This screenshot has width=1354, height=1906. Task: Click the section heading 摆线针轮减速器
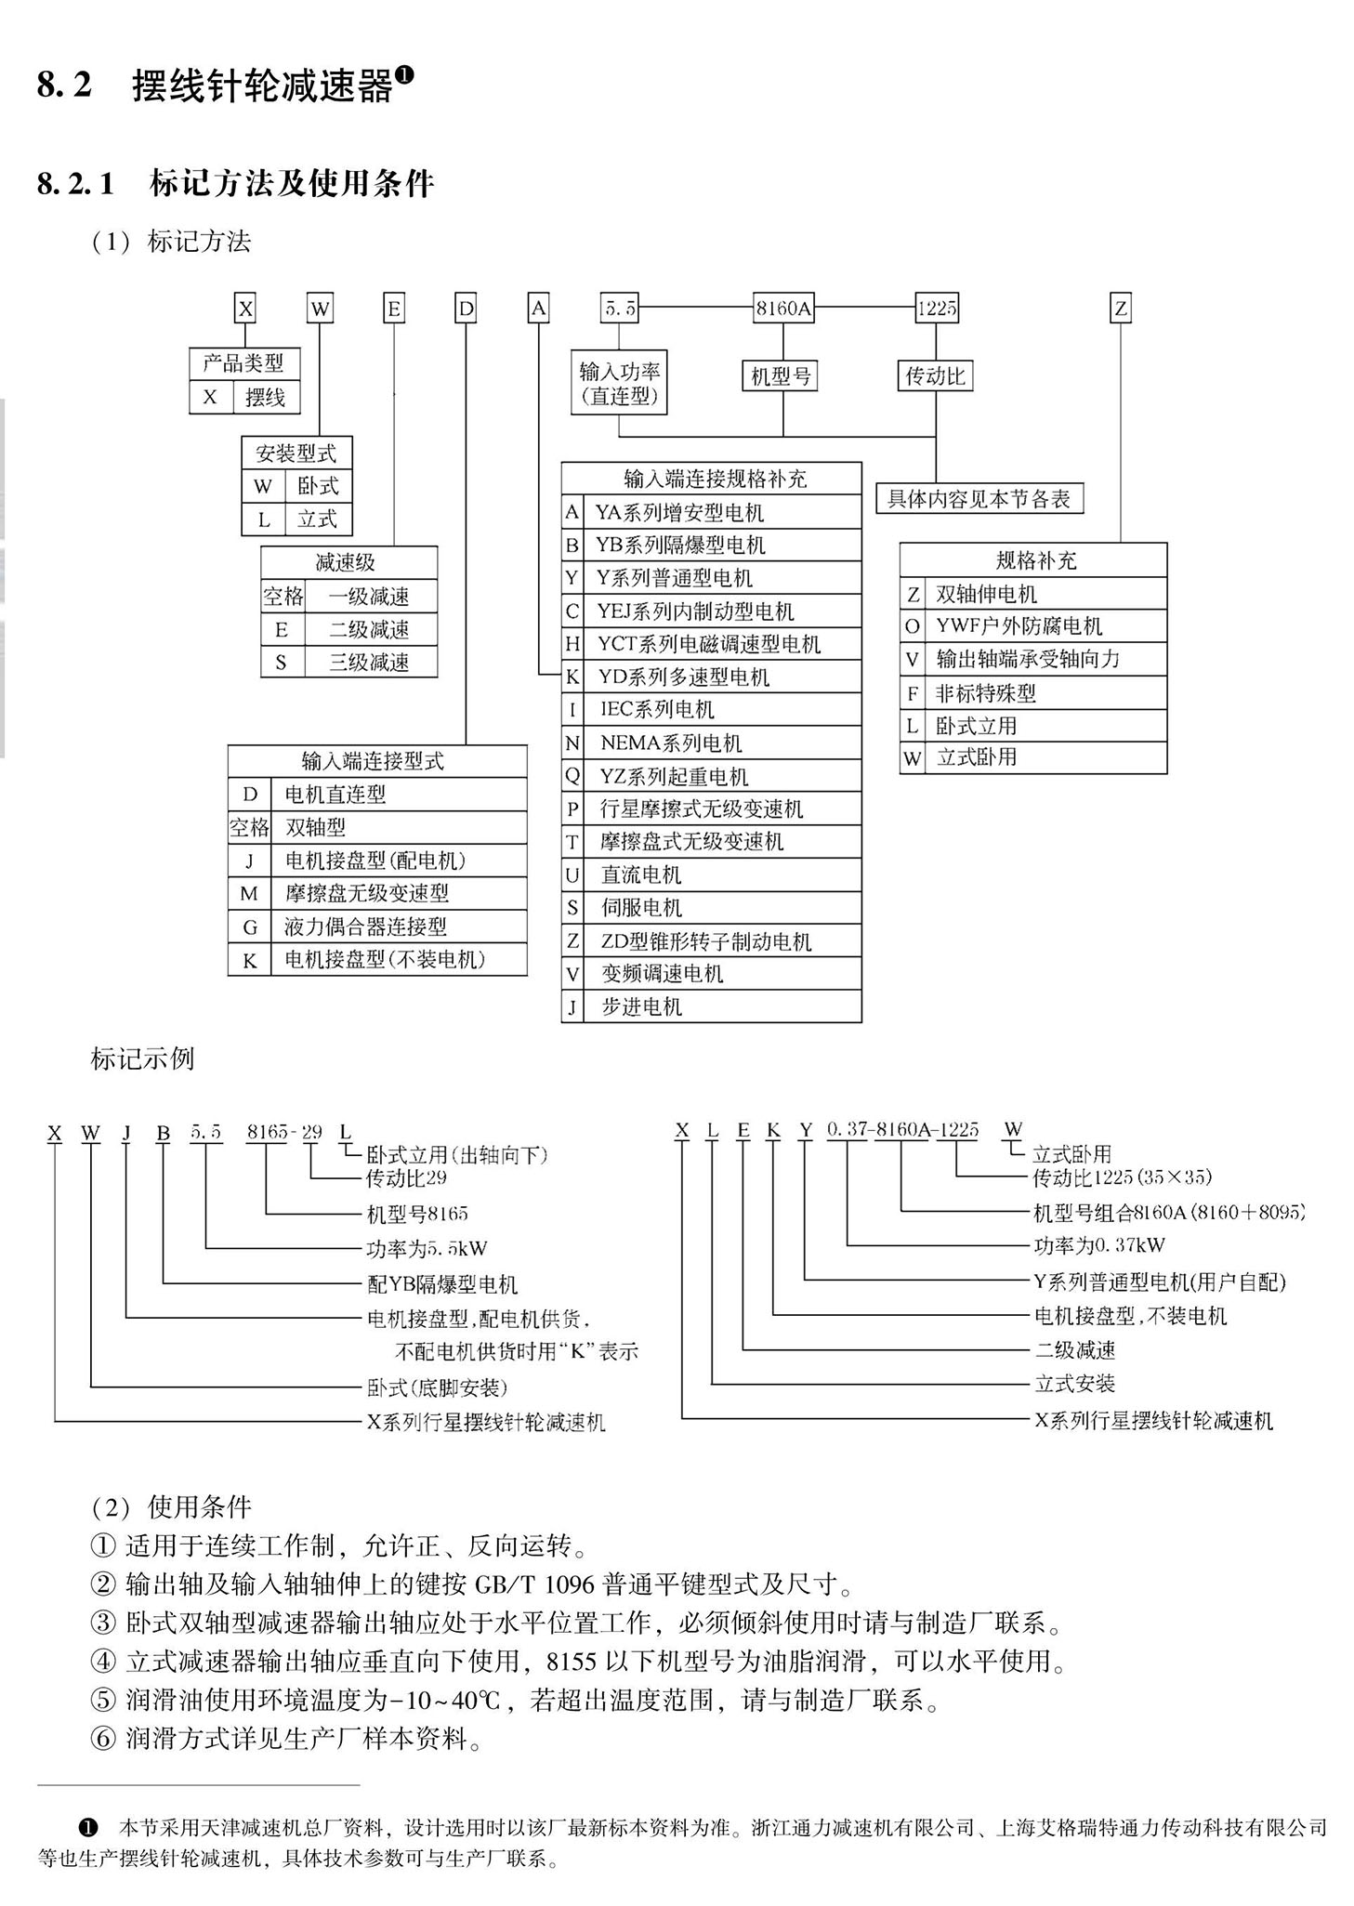click(x=263, y=86)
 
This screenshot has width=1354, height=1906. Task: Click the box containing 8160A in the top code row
click(x=783, y=309)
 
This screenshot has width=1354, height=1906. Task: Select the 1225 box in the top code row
click(x=936, y=309)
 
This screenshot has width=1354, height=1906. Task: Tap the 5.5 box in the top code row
click(x=620, y=309)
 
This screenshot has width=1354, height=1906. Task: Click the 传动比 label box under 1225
click(x=936, y=375)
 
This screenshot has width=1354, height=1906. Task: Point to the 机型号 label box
click(x=782, y=375)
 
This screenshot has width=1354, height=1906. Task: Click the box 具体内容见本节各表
click(x=979, y=499)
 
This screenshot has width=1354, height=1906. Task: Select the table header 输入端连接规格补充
click(x=712, y=479)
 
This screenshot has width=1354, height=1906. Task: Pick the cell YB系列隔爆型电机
click(x=722, y=545)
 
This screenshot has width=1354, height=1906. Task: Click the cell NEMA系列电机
click(x=722, y=743)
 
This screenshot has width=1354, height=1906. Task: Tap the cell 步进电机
click(x=722, y=1006)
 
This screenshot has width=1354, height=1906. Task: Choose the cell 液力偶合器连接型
click(x=400, y=927)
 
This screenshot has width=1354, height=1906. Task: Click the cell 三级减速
click(x=371, y=662)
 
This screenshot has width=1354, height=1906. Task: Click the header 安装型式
click(x=296, y=453)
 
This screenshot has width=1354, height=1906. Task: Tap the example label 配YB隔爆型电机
click(x=442, y=1284)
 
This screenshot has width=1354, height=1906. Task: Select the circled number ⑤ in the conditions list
click(x=102, y=1701)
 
